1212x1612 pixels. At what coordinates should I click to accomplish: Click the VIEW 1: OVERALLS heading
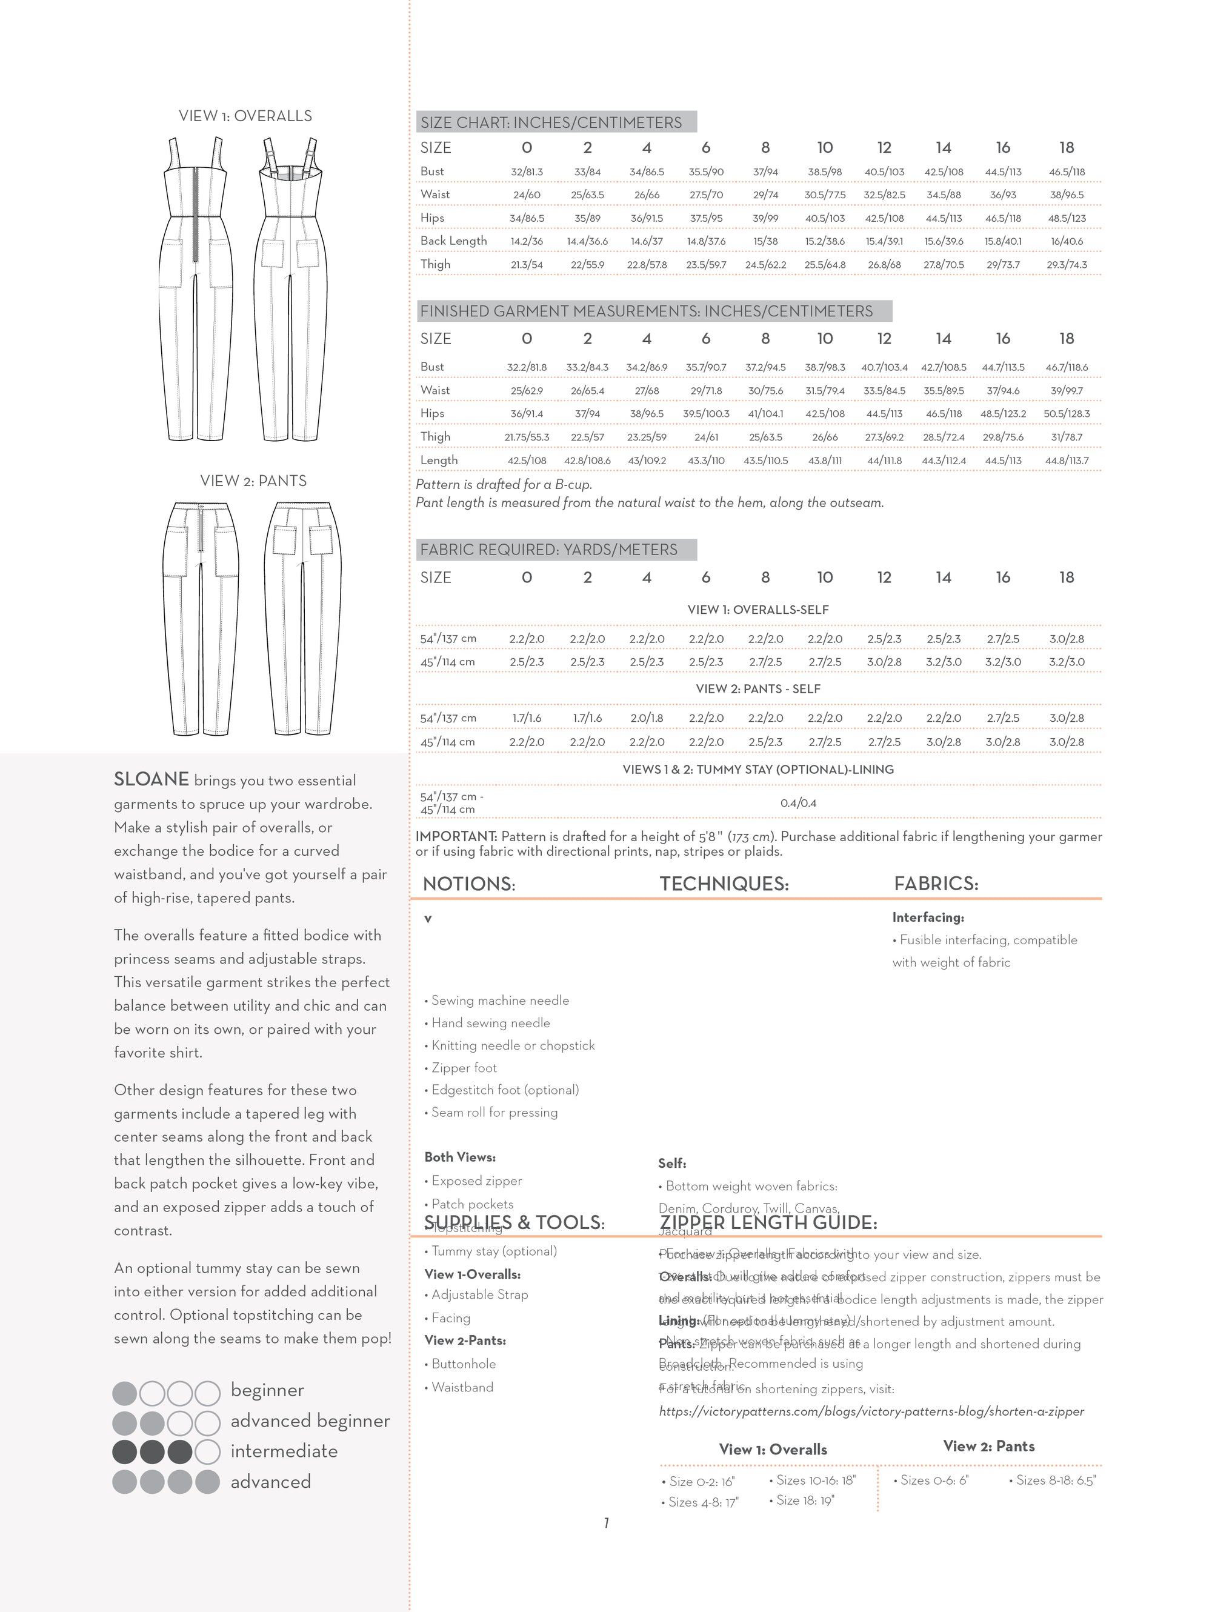point(245,116)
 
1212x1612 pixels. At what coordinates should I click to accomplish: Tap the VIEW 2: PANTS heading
point(253,481)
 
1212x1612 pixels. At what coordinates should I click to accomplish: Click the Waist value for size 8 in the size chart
point(765,195)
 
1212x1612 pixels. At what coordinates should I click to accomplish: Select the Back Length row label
point(453,241)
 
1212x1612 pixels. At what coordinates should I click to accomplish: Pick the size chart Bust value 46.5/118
point(1066,172)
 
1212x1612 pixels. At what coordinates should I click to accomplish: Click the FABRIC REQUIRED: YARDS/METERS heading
point(548,550)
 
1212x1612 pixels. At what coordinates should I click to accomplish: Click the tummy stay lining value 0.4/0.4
point(798,803)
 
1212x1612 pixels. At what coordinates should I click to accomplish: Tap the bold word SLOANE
point(151,779)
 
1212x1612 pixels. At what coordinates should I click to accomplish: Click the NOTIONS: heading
point(468,884)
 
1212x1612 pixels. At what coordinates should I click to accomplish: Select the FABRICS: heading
point(936,884)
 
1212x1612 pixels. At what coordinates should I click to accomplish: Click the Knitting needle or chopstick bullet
point(512,1045)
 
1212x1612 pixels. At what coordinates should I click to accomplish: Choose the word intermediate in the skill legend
point(284,1451)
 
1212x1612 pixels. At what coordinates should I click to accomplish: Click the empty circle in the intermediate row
point(208,1451)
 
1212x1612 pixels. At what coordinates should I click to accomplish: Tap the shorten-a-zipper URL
point(871,1411)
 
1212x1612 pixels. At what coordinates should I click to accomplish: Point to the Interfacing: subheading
point(928,918)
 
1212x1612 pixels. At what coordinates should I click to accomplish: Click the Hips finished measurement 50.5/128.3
point(1066,414)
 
